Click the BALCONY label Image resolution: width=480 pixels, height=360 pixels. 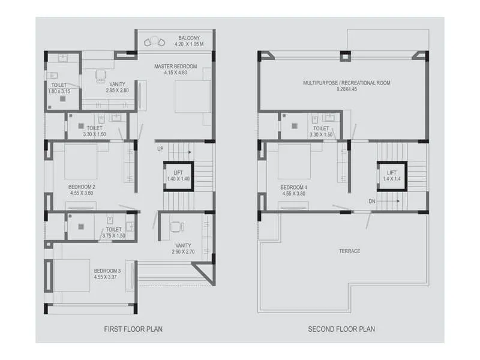pos(188,38)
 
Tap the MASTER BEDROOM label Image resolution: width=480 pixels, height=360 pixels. pos(175,66)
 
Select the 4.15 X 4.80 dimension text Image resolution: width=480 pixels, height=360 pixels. pos(175,73)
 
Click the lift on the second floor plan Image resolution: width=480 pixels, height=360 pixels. pos(391,176)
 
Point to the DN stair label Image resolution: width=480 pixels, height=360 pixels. pos(372,201)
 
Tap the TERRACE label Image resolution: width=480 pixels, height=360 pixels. pos(350,251)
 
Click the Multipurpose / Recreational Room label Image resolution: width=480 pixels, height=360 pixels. pos(346,83)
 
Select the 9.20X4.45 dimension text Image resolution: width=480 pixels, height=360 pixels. pos(346,89)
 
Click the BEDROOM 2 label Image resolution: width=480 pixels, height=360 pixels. pos(82,187)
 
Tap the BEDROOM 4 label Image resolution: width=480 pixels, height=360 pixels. pos(294,187)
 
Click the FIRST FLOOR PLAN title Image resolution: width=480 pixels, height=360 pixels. pos(133,329)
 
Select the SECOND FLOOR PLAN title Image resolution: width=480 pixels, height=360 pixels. pos(341,329)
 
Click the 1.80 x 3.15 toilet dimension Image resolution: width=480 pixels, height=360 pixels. pos(59,91)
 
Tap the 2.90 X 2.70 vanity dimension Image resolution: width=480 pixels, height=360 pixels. pos(184,253)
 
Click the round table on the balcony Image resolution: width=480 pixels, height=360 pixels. pos(155,41)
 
